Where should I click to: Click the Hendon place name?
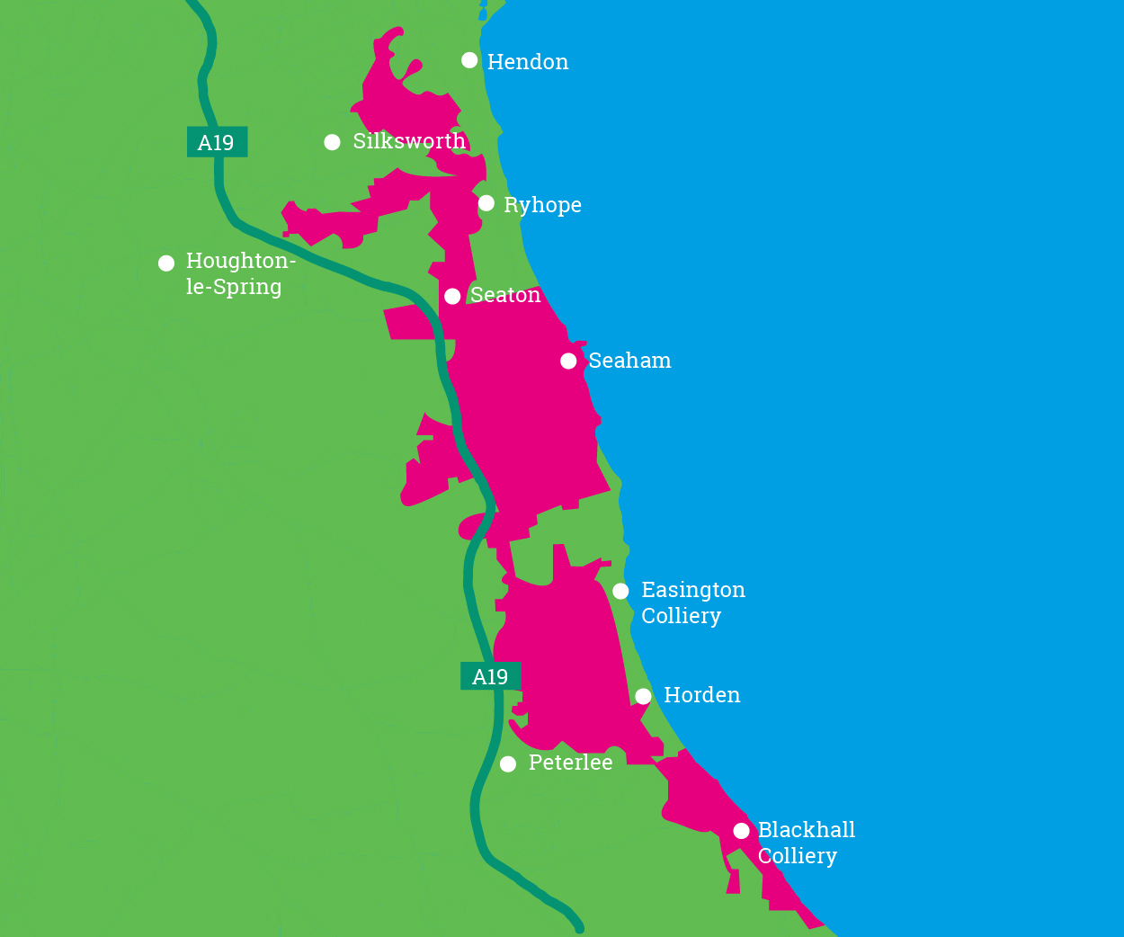pos(528,62)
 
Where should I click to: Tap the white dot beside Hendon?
pos(469,60)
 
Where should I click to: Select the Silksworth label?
pos(409,141)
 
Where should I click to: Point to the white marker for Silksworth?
pos(333,142)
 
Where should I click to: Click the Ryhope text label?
pos(542,205)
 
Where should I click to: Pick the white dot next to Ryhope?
pos(486,203)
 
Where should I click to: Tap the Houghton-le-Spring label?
pos(239,273)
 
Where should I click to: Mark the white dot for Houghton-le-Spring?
pos(166,263)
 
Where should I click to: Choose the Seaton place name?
pos(505,295)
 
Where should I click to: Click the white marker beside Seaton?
pos(452,297)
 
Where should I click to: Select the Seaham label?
pos(629,361)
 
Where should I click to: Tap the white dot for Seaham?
pos(568,361)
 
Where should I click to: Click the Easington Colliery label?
pos(692,602)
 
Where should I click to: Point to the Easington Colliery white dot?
pos(620,591)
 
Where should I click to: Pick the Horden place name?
pos(701,695)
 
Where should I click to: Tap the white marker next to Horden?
pos(643,696)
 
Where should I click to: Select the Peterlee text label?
pos(570,763)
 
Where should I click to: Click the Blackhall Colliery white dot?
pos(741,831)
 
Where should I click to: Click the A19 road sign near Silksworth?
pos(217,142)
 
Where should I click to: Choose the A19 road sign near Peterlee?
pos(490,676)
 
